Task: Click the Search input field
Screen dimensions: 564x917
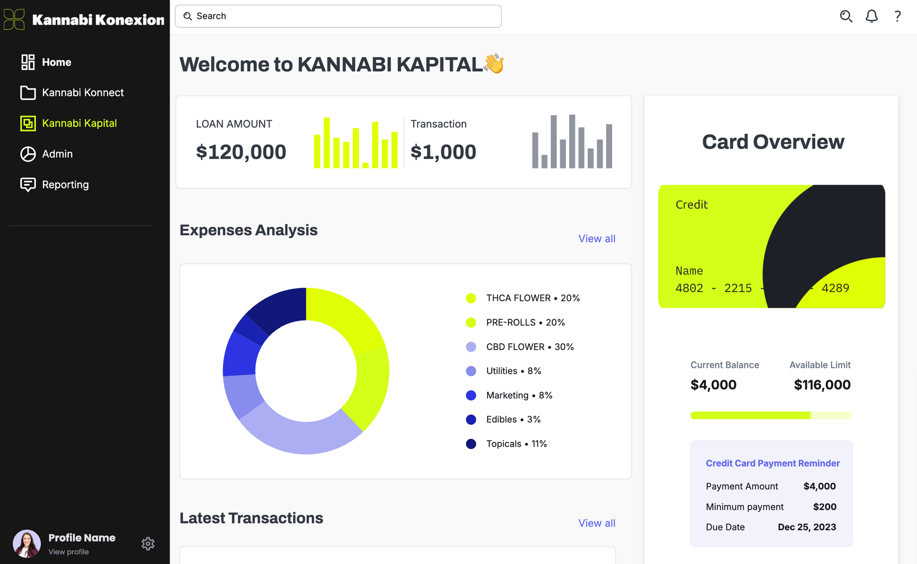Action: click(338, 16)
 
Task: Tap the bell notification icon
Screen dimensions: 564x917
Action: click(872, 16)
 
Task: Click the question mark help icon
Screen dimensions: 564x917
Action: click(897, 16)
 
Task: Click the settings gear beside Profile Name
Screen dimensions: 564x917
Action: click(148, 543)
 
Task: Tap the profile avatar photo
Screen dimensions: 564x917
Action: click(27, 543)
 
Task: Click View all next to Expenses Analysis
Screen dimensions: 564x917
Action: click(597, 239)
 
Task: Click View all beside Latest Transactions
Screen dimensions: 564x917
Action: click(597, 523)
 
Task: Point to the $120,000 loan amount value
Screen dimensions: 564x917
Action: click(241, 152)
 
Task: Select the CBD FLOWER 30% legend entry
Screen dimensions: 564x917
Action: click(529, 347)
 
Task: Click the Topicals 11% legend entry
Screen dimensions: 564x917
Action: click(516, 444)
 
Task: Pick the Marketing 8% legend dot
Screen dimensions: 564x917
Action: click(471, 395)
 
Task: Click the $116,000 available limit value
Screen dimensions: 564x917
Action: click(822, 385)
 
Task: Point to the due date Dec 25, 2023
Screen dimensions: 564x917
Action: click(807, 527)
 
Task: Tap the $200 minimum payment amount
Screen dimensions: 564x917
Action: click(824, 507)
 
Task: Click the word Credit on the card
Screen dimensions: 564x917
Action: click(691, 205)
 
